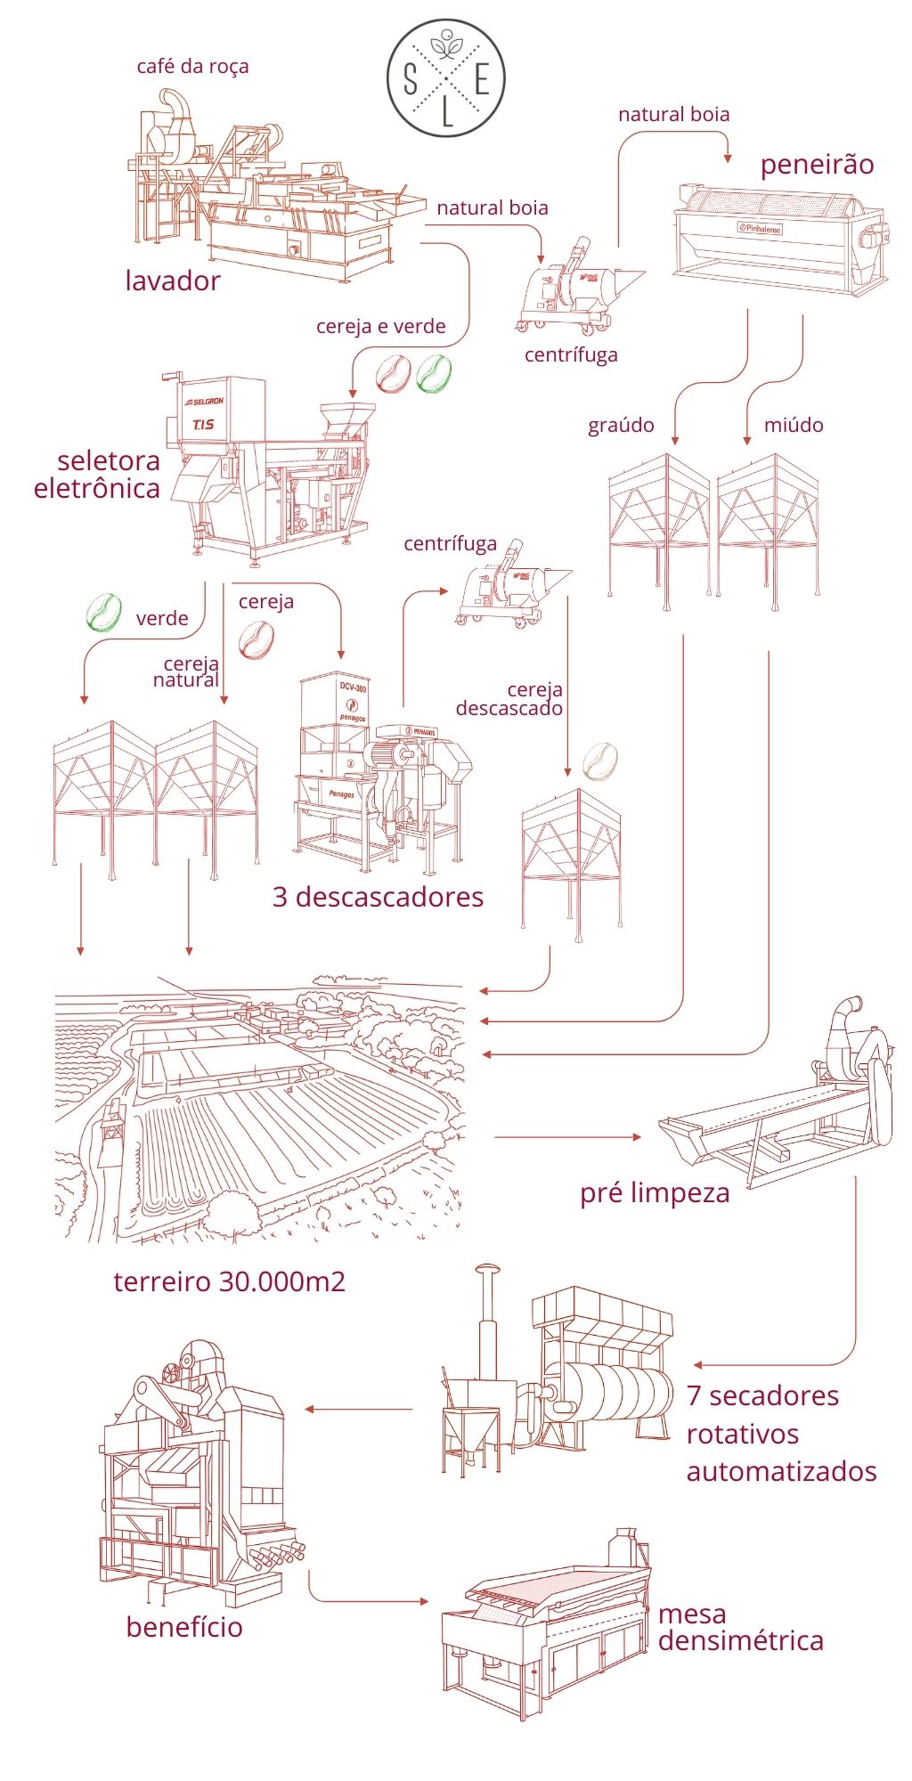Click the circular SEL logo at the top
click(446, 78)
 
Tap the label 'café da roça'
click(192, 67)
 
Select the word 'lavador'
click(173, 281)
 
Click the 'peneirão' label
click(817, 165)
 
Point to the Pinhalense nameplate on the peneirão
click(759, 228)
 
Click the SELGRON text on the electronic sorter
click(206, 402)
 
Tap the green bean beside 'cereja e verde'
click(434, 374)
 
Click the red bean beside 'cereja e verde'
click(393, 375)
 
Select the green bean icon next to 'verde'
click(103, 613)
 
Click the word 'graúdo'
click(621, 426)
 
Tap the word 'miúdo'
click(794, 426)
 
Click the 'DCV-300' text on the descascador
click(353, 687)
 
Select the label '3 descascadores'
click(378, 897)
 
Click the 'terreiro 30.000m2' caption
click(229, 1281)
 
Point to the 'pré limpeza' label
click(655, 1193)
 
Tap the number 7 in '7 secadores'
click(695, 1395)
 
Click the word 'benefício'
click(184, 1627)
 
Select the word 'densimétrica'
click(740, 1640)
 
